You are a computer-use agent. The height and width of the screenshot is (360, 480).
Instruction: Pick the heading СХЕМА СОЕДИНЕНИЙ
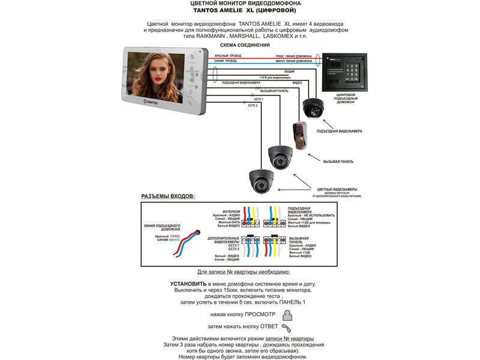click(x=244, y=45)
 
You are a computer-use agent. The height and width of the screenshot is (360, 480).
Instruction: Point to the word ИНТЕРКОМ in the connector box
click(x=231, y=211)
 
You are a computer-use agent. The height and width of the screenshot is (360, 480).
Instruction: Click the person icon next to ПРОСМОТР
click(x=289, y=314)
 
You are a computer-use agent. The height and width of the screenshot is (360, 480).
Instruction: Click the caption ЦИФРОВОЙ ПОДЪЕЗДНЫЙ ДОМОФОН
click(x=348, y=98)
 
